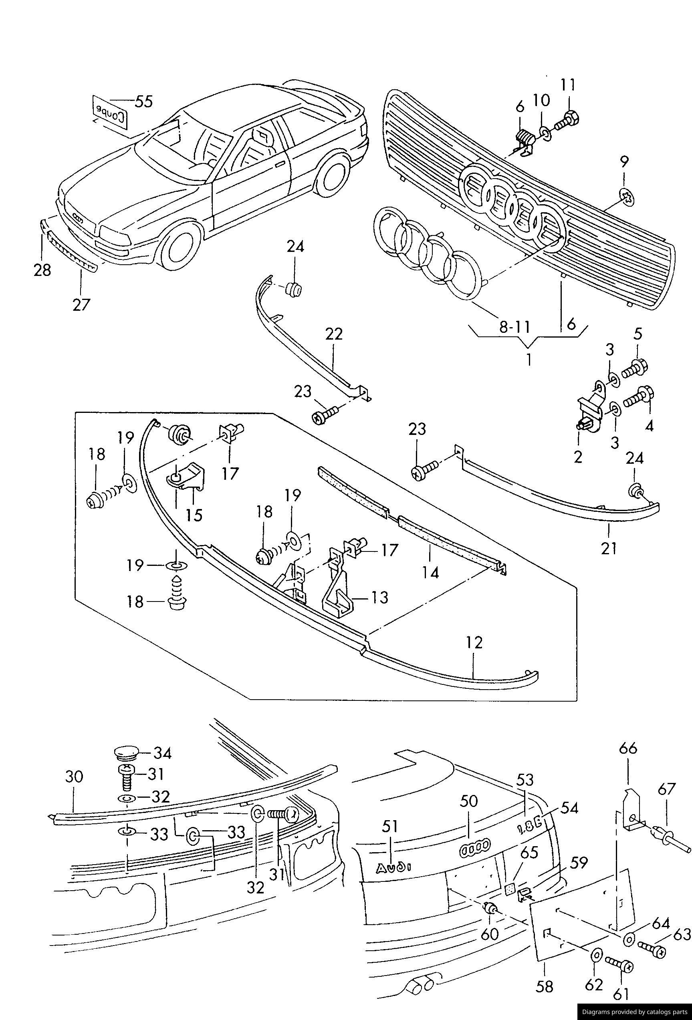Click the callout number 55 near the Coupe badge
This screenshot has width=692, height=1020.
(143, 101)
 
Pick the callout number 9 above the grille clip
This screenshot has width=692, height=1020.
(624, 161)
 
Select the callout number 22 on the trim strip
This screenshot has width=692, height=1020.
(334, 334)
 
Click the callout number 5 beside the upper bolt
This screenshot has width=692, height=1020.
(638, 334)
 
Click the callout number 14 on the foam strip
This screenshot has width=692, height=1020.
(431, 572)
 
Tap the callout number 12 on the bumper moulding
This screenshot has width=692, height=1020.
(475, 642)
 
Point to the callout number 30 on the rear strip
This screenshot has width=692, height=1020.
(74, 777)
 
